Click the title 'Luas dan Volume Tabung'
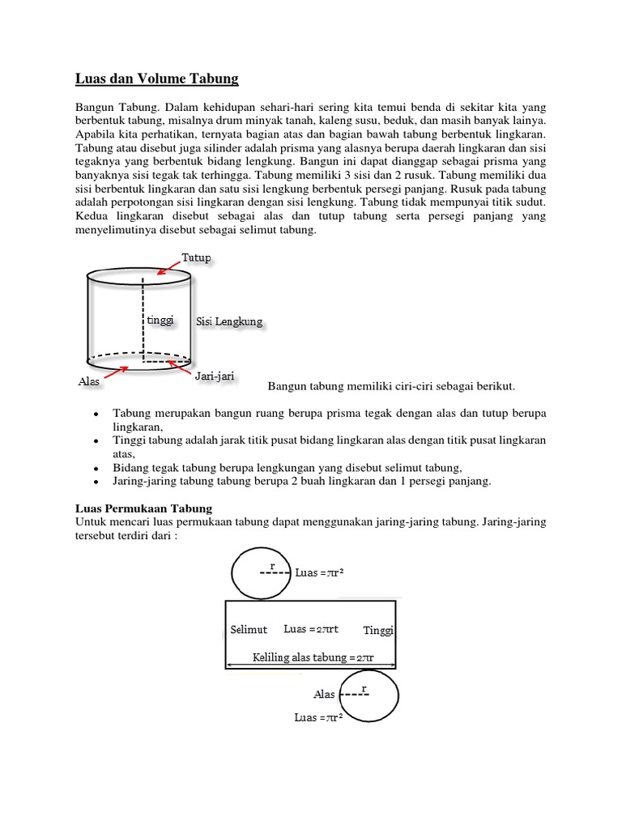click(157, 79)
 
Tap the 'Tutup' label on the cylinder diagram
click(197, 257)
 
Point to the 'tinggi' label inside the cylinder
click(160, 321)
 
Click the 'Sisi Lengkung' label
click(229, 322)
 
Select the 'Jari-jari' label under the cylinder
click(215, 376)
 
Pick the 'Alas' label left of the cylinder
click(89, 380)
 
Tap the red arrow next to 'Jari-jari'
click(183, 365)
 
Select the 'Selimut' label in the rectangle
click(249, 630)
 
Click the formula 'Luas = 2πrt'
click(311, 629)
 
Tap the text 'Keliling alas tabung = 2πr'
click(313, 657)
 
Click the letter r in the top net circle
click(272, 563)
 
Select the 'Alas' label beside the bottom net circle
click(324, 695)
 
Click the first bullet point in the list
click(96, 413)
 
